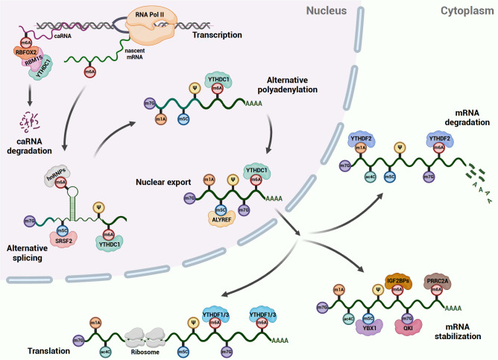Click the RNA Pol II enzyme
point(150,26)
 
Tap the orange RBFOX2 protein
point(26,52)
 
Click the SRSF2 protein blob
point(63,240)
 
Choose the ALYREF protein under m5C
point(221,219)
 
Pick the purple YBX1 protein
point(369,327)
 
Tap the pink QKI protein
point(408,327)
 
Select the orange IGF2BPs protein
point(398,281)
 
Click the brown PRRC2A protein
point(438,281)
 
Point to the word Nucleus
point(327,10)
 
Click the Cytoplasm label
point(467,10)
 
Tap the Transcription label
point(217,35)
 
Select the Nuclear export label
point(163,182)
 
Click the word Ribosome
point(145,352)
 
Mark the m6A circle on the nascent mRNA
point(90,72)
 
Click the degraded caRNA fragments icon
point(29,122)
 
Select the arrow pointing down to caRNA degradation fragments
point(30,95)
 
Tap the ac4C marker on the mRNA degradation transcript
point(371,177)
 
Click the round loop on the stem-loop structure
point(72,192)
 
